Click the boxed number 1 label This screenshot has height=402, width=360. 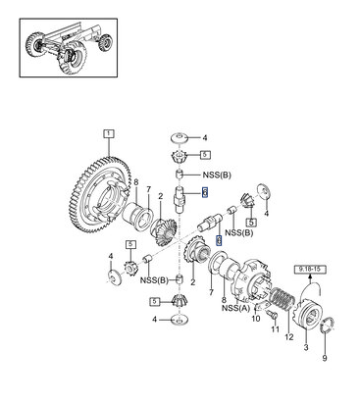109,133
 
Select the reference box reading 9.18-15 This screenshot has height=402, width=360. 310,270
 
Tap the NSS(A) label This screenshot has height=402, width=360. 235,308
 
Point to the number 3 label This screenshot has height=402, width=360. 306,347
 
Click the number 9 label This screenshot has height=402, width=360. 325,359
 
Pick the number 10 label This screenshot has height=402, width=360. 256,318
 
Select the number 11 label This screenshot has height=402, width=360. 276,328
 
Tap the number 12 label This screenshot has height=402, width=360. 289,336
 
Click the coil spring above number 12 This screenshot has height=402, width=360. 283,299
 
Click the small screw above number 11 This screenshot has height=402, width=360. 273,315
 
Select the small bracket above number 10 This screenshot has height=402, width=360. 261,306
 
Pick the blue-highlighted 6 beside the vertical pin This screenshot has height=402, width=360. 205,192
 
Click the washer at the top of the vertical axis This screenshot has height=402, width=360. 180,137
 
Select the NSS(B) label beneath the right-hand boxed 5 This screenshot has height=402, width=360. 239,232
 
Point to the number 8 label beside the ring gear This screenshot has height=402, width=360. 136,183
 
